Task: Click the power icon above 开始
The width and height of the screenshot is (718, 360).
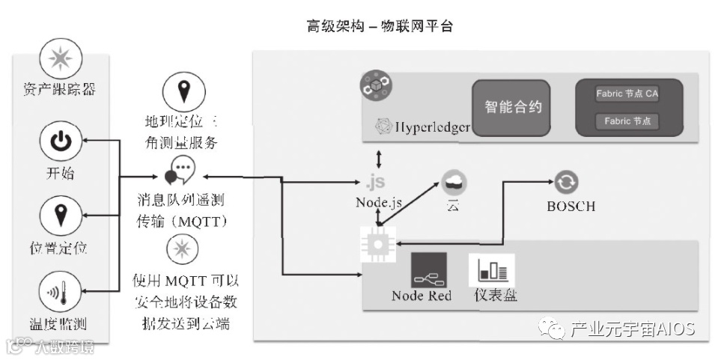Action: [60, 141]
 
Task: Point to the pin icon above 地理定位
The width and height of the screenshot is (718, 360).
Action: [182, 93]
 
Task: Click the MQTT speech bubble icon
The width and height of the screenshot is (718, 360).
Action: [180, 171]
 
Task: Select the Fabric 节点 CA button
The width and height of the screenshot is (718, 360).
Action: [627, 94]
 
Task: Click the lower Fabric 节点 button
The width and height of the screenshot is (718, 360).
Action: [627, 120]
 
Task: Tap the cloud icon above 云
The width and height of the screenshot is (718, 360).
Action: [454, 182]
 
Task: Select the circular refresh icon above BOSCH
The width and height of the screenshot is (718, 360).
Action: [566, 181]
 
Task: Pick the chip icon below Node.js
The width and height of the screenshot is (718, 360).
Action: [378, 244]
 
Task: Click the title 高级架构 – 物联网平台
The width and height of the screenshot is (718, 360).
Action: [380, 26]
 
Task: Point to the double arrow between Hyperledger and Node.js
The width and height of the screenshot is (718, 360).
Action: [379, 159]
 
